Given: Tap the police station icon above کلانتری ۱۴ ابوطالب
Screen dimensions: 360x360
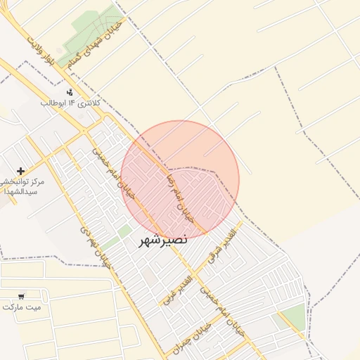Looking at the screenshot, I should click(69, 92).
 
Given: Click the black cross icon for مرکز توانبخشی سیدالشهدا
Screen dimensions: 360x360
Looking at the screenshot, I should click(20, 171).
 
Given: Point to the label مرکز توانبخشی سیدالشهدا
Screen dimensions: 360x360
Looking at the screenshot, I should click(23, 186).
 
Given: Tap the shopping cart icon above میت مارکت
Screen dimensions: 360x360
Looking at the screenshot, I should click(21, 297).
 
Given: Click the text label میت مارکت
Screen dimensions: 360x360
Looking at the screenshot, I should click(22, 307).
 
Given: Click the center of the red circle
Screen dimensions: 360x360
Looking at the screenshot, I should click(180, 179).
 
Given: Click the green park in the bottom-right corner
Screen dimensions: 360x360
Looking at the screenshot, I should click(295, 318).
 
